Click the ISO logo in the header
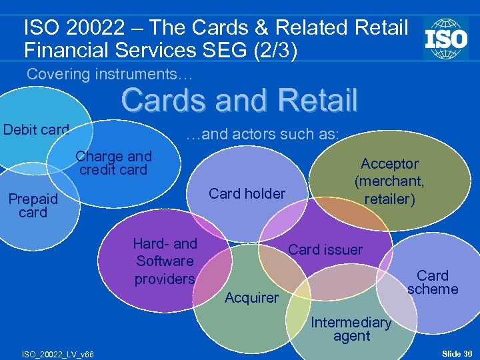[446, 38]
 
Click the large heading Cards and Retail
[240, 100]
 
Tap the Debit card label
[36, 129]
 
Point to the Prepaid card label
[33, 205]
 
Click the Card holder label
[247, 193]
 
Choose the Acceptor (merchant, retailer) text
[389, 181]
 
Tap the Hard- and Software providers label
[165, 261]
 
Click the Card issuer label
[325, 250]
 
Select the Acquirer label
[251, 298]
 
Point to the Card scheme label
[433, 282]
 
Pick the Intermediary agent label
[351, 329]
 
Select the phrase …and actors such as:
[262, 134]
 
